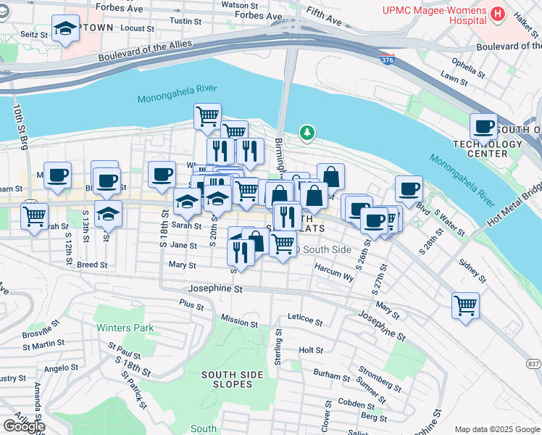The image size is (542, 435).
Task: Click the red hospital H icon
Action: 497,13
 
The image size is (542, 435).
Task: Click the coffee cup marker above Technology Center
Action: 483,128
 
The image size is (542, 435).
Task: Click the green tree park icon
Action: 308,133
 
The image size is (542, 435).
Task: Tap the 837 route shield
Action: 533,364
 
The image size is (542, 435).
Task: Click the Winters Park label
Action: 125,328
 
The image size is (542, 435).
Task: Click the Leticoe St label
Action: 304,317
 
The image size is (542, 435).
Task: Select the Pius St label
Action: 192,304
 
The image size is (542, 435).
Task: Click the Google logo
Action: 24,426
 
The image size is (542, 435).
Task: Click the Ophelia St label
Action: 467,67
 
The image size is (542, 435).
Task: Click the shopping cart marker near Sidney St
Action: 464,304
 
